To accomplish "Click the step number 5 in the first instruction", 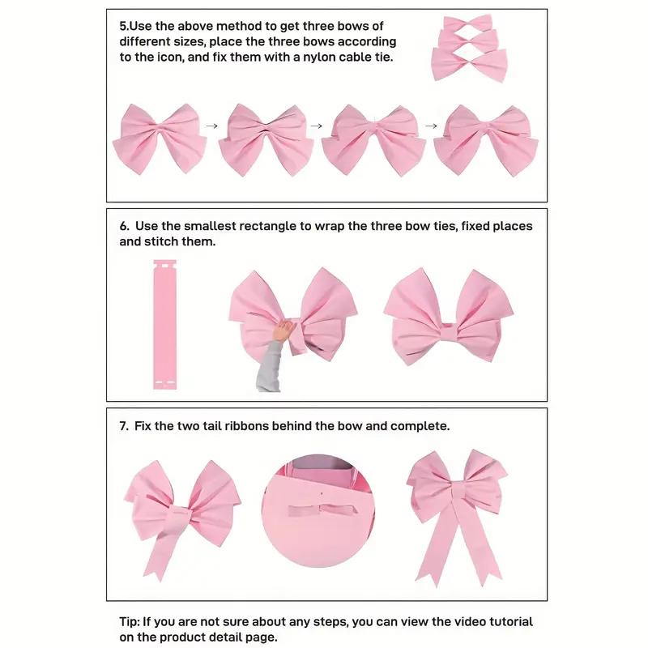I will pyautogui.click(x=123, y=26).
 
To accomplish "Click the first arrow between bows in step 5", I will pyautogui.click(x=212, y=126).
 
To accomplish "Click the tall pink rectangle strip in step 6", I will pyautogui.click(x=164, y=323).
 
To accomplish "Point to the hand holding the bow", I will pyautogui.click(x=284, y=330).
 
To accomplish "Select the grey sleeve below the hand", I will pyautogui.click(x=270, y=369).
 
